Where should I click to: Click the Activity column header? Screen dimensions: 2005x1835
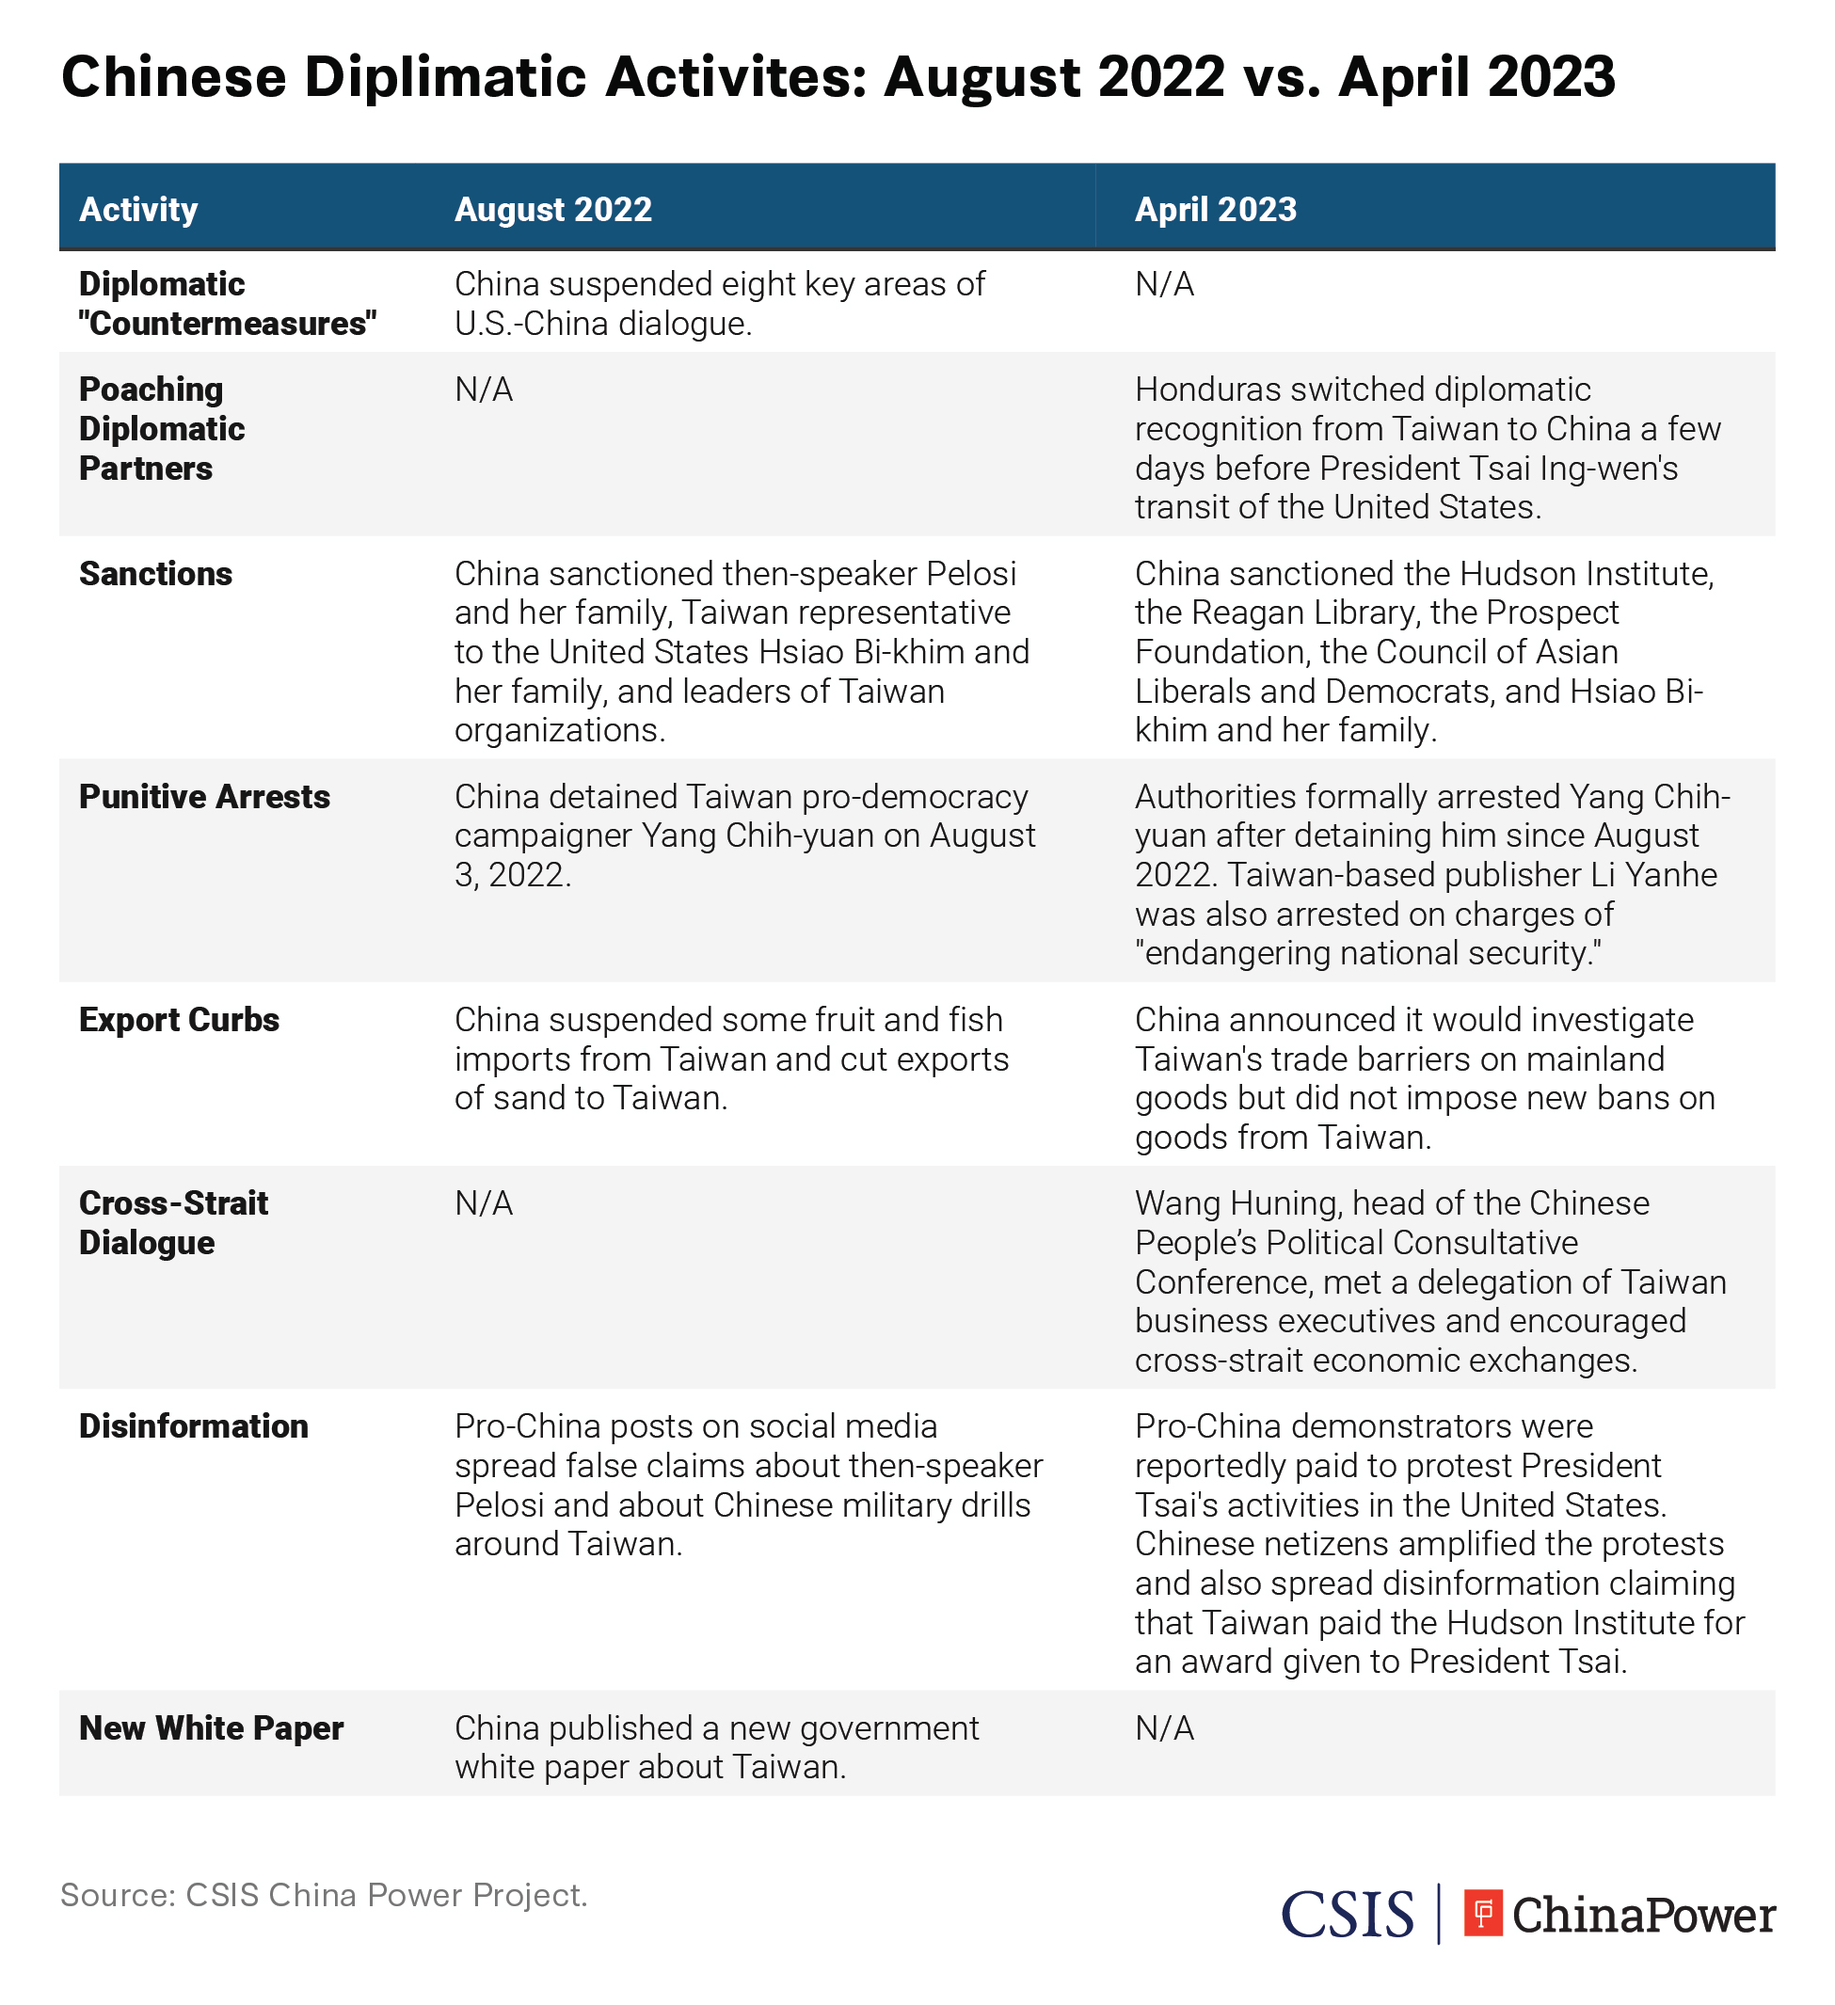click(x=138, y=210)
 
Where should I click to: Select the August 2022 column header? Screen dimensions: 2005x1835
click(x=553, y=210)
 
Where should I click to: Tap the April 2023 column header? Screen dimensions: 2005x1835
click(x=1216, y=210)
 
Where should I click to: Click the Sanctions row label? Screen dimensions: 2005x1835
click(x=155, y=574)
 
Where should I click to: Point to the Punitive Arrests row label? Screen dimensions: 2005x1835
click(x=204, y=797)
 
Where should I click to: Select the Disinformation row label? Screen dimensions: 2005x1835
click(x=194, y=1426)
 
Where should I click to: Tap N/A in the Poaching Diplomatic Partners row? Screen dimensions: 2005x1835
click(x=484, y=390)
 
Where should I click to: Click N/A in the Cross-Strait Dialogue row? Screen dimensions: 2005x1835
click(x=484, y=1203)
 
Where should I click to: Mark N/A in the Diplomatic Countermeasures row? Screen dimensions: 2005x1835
click(x=1164, y=284)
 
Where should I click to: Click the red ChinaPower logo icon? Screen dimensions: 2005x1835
click(x=1482, y=1913)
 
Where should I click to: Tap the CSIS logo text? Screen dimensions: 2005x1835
click(x=1347, y=1915)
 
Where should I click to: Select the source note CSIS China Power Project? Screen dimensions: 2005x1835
click(x=323, y=1895)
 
